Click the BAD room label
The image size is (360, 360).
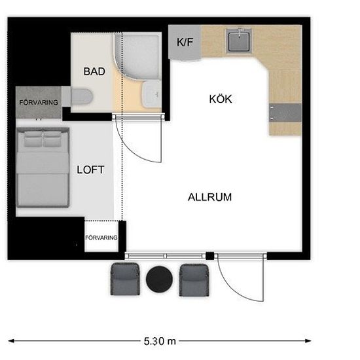pyautogui.click(x=94, y=71)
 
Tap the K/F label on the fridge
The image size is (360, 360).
pyautogui.click(x=185, y=42)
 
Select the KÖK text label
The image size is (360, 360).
pyautogui.click(x=221, y=99)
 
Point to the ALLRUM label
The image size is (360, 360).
pyautogui.click(x=209, y=197)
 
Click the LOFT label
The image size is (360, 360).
pyautogui.click(x=90, y=170)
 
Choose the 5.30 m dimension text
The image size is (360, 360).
pyautogui.click(x=160, y=341)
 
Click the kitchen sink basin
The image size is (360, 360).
pyautogui.click(x=239, y=41)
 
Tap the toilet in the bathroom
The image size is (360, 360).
pyautogui.click(x=77, y=97)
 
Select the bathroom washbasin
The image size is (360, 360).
pyautogui.click(x=151, y=94)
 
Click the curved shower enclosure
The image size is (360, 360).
pyautogui.click(x=137, y=56)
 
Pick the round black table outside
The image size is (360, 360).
pyautogui.click(x=159, y=279)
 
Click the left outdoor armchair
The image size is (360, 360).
pyautogui.click(x=125, y=279)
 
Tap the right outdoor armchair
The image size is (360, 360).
pyautogui.click(x=194, y=280)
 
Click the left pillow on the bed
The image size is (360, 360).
pyautogui.click(x=33, y=139)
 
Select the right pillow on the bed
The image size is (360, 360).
pyautogui.click(x=52, y=139)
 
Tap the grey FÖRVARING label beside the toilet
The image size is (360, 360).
pyautogui.click(x=39, y=102)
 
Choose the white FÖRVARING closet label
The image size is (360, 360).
pyautogui.click(x=101, y=238)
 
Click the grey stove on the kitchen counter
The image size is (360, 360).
pyautogui.click(x=285, y=113)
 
